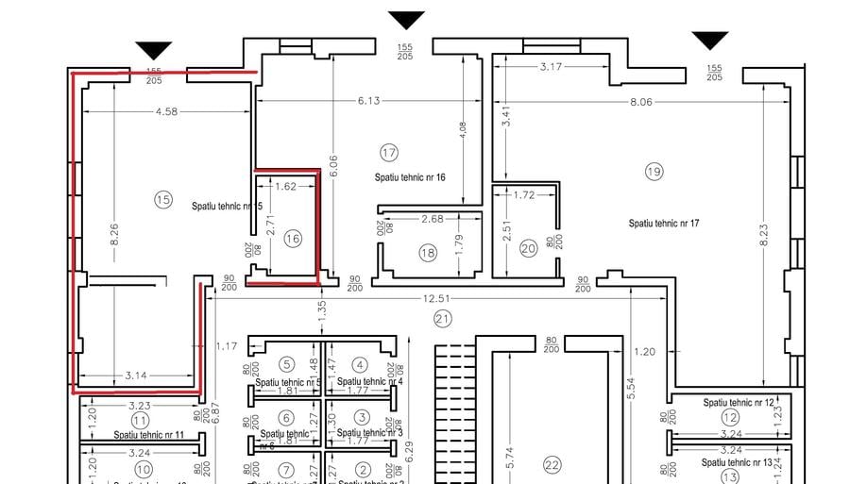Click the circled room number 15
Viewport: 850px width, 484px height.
click(x=163, y=199)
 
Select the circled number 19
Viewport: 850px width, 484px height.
click(x=654, y=171)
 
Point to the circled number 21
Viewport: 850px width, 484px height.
click(x=443, y=318)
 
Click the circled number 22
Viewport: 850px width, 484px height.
click(x=552, y=464)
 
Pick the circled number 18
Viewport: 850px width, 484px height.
click(x=428, y=253)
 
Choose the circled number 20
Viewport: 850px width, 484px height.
click(x=528, y=249)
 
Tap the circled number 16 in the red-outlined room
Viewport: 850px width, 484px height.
click(x=292, y=240)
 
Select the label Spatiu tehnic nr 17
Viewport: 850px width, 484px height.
click(x=664, y=224)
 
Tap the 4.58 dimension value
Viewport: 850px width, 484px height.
click(x=166, y=112)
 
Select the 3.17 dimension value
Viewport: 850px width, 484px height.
click(x=551, y=67)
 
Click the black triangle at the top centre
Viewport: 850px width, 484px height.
click(x=407, y=20)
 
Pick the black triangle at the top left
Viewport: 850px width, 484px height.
click(x=153, y=50)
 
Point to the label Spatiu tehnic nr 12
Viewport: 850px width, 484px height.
click(x=738, y=403)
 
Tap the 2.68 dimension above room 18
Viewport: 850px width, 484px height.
click(x=432, y=220)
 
